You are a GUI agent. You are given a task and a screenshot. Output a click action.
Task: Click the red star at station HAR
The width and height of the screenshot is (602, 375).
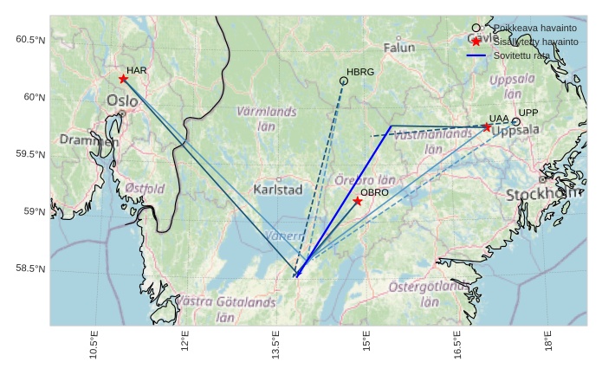click(x=123, y=79)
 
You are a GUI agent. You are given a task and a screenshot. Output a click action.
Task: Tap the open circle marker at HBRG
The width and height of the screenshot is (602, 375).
click(x=344, y=81)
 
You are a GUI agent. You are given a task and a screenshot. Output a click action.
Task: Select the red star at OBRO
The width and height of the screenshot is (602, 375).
click(x=358, y=201)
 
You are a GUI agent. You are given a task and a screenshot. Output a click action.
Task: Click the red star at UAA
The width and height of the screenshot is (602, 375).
click(x=487, y=127)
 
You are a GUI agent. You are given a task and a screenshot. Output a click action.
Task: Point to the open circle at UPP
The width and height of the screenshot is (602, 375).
click(x=515, y=122)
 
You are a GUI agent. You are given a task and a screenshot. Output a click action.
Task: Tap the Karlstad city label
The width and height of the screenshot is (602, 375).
click(x=278, y=189)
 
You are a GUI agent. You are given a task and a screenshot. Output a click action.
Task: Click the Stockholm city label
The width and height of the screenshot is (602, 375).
click(x=543, y=194)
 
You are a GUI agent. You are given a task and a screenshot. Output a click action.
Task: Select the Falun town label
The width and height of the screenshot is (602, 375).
click(x=399, y=48)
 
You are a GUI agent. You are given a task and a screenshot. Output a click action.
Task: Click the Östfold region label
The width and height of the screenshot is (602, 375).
click(x=144, y=188)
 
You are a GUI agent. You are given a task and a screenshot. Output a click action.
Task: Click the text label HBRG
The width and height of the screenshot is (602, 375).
click(x=360, y=72)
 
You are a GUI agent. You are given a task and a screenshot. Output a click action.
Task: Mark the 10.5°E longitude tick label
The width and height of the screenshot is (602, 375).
click(x=94, y=345)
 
